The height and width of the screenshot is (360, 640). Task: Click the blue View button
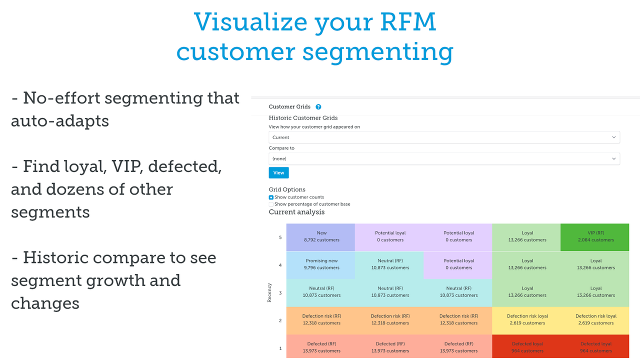pyautogui.click(x=278, y=172)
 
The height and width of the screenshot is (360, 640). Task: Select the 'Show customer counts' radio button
pyautogui.click(x=271, y=197)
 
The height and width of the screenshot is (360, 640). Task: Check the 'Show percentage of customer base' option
pyautogui.click(x=271, y=204)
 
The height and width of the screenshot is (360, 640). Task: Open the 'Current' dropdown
pyautogui.click(x=444, y=137)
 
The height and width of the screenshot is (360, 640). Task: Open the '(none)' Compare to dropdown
pyautogui.click(x=444, y=158)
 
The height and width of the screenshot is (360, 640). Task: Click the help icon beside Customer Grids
pyautogui.click(x=318, y=107)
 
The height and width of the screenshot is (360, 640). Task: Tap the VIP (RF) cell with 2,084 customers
pyautogui.click(x=595, y=236)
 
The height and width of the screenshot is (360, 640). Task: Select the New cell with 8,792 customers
pyautogui.click(x=321, y=236)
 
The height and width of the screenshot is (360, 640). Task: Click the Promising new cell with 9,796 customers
pyautogui.click(x=321, y=264)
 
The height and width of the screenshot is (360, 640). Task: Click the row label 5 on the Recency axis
pyautogui.click(x=280, y=237)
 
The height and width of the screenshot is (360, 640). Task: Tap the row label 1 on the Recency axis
pyautogui.click(x=280, y=348)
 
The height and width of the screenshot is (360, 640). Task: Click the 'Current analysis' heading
pyautogui.click(x=296, y=212)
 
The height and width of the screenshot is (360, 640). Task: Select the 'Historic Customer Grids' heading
pyautogui.click(x=303, y=118)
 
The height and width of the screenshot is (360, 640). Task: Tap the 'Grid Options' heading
pyautogui.click(x=287, y=189)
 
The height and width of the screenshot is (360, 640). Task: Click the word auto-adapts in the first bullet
pyautogui.click(x=60, y=121)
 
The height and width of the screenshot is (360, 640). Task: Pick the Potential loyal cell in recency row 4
pyautogui.click(x=458, y=264)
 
